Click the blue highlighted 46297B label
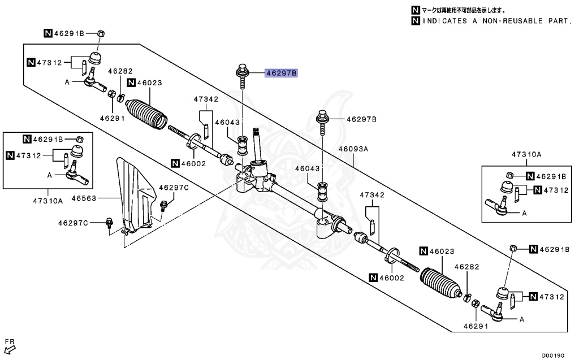click(282, 73)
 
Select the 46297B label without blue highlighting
click(361, 119)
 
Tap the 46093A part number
click(353, 149)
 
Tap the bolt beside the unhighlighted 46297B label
click(322, 122)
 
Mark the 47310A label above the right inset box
click(526, 154)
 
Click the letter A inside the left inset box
click(50, 176)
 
